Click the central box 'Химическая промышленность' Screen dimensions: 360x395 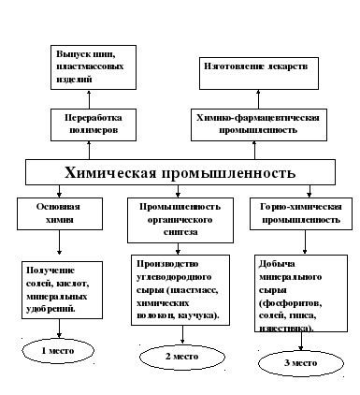[x=180, y=172]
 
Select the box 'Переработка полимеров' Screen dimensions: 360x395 [x=94, y=124]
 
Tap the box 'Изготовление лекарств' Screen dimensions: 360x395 [x=259, y=73]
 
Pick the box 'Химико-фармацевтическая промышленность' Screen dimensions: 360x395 [x=259, y=124]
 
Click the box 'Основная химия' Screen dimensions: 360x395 [x=60, y=213]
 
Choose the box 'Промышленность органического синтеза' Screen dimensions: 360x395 [x=180, y=220]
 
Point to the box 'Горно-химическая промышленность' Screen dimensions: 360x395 [x=301, y=213]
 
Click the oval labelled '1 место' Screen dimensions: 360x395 [x=58, y=351]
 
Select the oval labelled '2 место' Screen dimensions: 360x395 [x=182, y=357]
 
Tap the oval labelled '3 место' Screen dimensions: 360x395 [x=301, y=363]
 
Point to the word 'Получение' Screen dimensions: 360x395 [x=50, y=271]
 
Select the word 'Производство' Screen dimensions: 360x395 [x=167, y=264]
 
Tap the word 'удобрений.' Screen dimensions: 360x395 [x=50, y=309]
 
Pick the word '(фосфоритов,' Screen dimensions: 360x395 [x=291, y=302]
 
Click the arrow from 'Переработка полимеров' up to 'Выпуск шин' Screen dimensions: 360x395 [x=89, y=99]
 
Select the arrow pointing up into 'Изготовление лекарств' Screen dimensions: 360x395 [x=258, y=99]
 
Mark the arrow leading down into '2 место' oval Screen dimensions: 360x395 [x=182, y=335]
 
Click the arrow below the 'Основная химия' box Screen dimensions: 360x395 [x=59, y=242]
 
